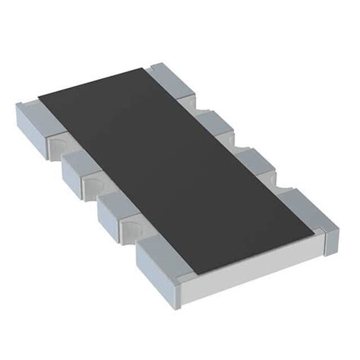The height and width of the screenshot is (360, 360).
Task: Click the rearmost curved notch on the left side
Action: point(57,145)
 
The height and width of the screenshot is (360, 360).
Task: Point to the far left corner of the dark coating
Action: point(38,97)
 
